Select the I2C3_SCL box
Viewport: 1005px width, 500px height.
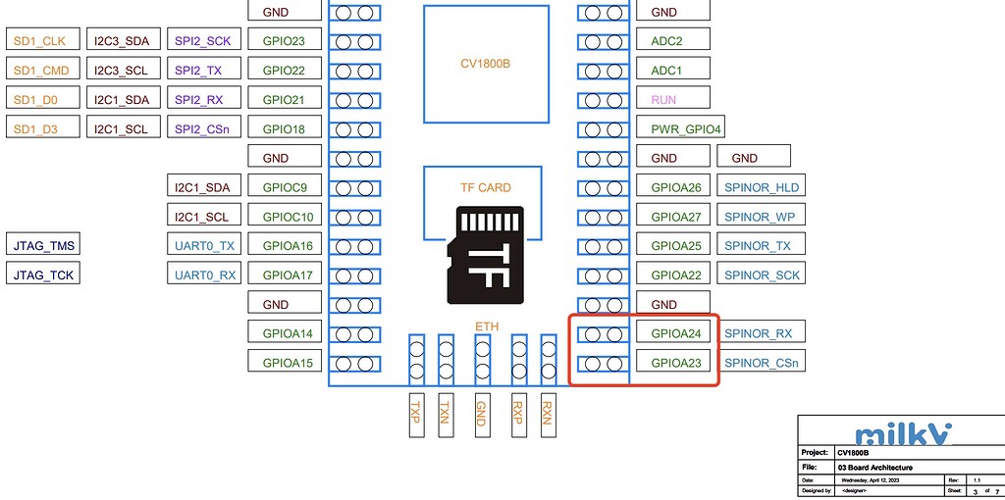pos(123,71)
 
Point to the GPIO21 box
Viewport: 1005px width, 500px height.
pos(285,100)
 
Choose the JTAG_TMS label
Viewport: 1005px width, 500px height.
pos(42,246)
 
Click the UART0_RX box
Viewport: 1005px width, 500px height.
pos(205,275)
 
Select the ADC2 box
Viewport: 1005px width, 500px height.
pos(666,41)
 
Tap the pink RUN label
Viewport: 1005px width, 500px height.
pos(663,100)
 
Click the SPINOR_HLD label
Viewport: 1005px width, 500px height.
pos(762,187)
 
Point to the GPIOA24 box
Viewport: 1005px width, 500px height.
pos(676,333)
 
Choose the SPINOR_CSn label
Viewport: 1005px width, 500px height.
pos(762,363)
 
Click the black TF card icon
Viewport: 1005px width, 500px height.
pos(485,255)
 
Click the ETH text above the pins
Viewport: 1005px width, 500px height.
pos(487,325)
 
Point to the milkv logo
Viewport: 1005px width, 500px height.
pos(897,433)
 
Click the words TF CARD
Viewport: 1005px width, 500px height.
pos(486,187)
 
